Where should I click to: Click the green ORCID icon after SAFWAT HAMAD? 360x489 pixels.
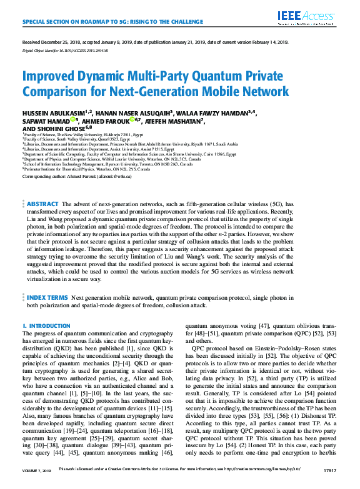point(74,120)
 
